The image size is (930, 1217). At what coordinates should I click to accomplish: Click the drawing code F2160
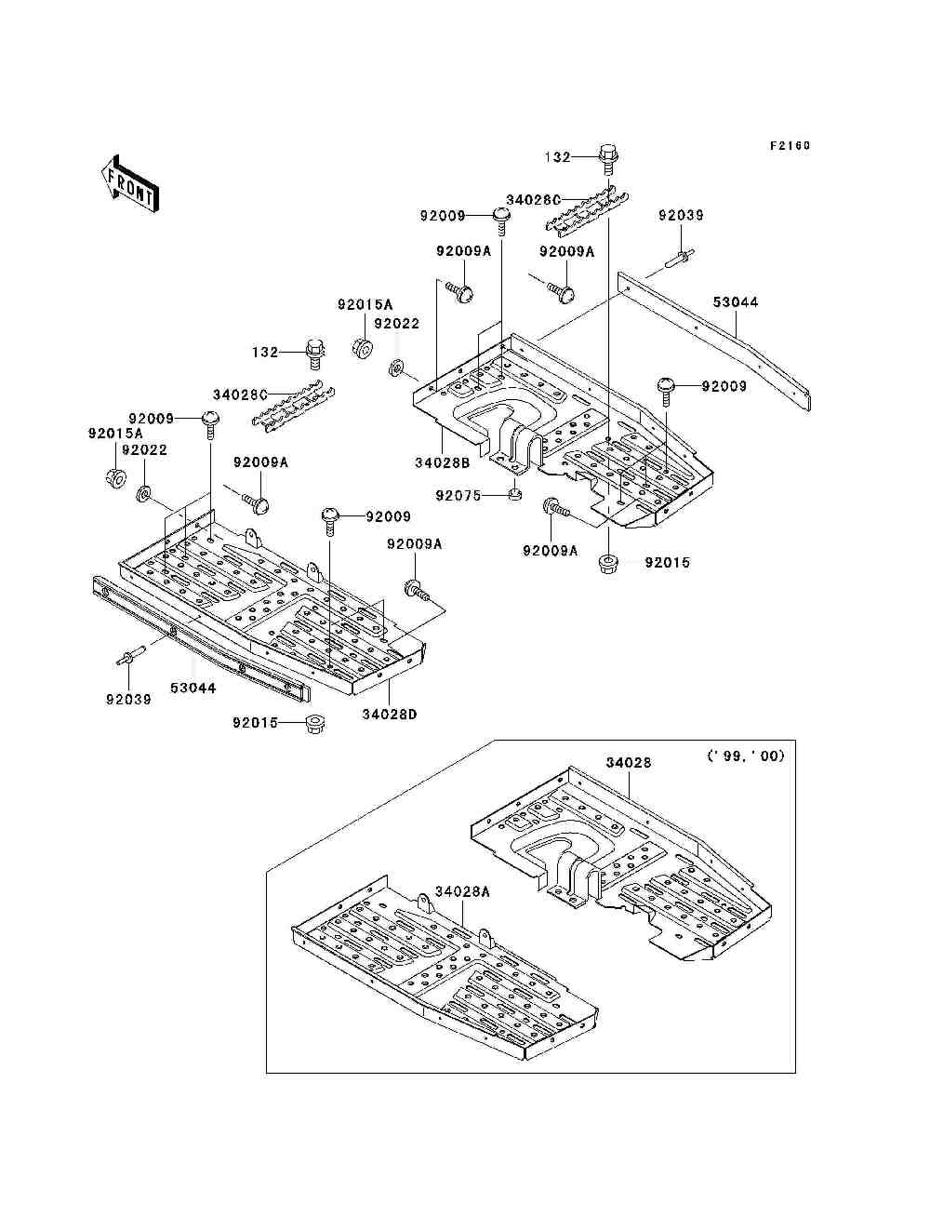790,146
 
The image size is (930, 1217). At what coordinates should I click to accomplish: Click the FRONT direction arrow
130,184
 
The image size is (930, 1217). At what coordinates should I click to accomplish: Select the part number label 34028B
443,463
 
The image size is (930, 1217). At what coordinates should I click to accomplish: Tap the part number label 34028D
389,715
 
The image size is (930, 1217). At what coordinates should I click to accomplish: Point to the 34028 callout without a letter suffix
628,762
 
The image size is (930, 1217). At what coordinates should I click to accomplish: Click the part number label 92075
458,496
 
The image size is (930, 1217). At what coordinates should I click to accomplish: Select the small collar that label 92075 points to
515,493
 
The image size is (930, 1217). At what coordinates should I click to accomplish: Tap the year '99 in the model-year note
727,756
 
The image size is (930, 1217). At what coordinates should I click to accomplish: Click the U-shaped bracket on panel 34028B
517,446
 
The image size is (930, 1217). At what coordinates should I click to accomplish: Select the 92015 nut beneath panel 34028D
314,724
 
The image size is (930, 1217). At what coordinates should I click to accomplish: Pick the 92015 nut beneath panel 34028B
608,564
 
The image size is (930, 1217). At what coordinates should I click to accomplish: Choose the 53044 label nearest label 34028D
193,689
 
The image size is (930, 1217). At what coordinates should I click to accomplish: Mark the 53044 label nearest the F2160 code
736,302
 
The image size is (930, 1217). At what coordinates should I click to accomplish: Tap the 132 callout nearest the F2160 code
557,157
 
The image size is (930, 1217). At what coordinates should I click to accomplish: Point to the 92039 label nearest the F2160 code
681,215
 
